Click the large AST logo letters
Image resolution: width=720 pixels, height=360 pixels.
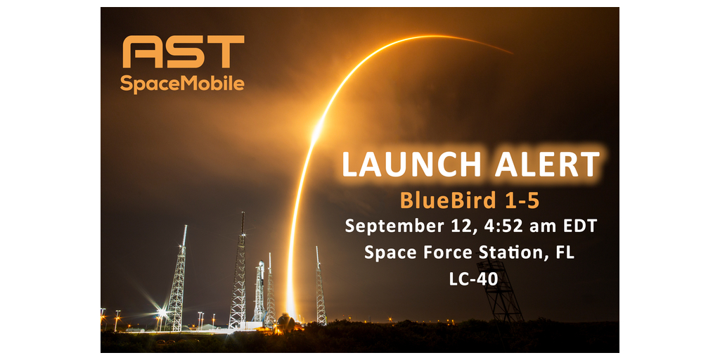click(x=184, y=51)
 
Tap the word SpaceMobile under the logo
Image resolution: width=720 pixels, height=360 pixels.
click(x=182, y=84)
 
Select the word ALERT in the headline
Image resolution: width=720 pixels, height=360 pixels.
click(x=547, y=164)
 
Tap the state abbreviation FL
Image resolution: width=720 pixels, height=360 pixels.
click(x=565, y=252)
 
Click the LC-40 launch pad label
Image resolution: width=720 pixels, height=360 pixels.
click(x=473, y=278)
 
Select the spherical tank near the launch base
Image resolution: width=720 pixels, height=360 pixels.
click(x=286, y=322)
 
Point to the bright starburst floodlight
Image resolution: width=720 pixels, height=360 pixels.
click(x=161, y=313)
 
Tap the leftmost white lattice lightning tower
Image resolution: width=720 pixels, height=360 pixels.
click(x=177, y=278)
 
